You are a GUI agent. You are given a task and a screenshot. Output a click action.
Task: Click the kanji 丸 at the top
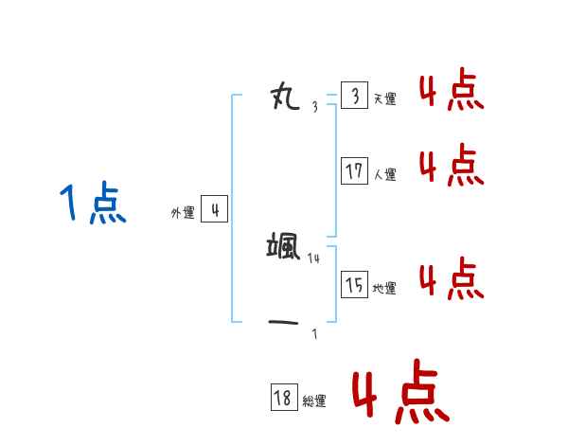point(285,95)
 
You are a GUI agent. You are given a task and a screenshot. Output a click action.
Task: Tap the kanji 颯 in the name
point(284,247)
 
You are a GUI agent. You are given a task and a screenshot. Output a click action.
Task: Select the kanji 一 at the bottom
point(285,322)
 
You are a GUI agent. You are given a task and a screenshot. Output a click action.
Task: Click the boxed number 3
point(354,96)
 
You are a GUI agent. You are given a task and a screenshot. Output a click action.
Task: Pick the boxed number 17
point(355,171)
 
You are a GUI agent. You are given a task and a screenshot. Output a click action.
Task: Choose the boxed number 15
point(355,284)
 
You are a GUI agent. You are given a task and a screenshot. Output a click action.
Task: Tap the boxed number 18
point(283,398)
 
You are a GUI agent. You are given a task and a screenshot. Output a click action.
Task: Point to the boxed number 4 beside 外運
point(215,210)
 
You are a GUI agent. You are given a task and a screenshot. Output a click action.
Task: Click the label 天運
point(384,98)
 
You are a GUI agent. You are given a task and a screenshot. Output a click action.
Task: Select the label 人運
point(384,174)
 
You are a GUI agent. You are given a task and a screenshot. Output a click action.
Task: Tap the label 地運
point(384,288)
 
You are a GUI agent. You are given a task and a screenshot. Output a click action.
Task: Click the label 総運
point(313,401)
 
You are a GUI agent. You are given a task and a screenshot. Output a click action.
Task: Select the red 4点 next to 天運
point(451,91)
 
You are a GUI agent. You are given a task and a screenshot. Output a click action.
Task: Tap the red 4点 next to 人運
point(451,166)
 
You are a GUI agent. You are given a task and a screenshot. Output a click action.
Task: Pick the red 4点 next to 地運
point(451,279)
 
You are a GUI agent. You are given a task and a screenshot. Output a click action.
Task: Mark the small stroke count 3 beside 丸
point(314,106)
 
